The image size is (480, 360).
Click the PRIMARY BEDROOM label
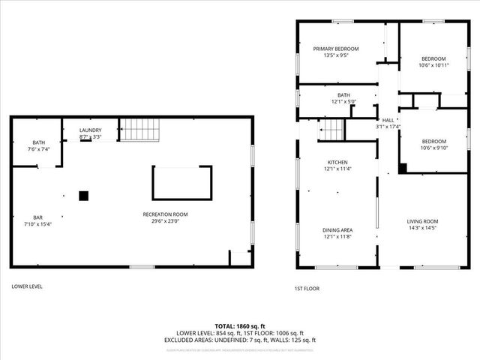point(335,49)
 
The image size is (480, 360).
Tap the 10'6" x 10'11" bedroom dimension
point(433,65)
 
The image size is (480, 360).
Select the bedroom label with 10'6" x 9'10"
point(433,141)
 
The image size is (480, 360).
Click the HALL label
point(388,120)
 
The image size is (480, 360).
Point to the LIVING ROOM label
point(422,221)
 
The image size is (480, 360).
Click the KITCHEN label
point(337,162)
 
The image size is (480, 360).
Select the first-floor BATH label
point(343,95)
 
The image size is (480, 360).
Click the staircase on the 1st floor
point(332,130)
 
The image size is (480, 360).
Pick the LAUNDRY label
point(91,130)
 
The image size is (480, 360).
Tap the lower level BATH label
point(38,142)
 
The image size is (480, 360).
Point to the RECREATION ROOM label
point(165,214)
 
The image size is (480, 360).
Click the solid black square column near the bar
point(84,196)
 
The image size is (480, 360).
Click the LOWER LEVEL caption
point(26,286)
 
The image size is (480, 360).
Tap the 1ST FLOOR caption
point(307,288)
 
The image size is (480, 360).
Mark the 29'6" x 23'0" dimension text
point(165,222)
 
